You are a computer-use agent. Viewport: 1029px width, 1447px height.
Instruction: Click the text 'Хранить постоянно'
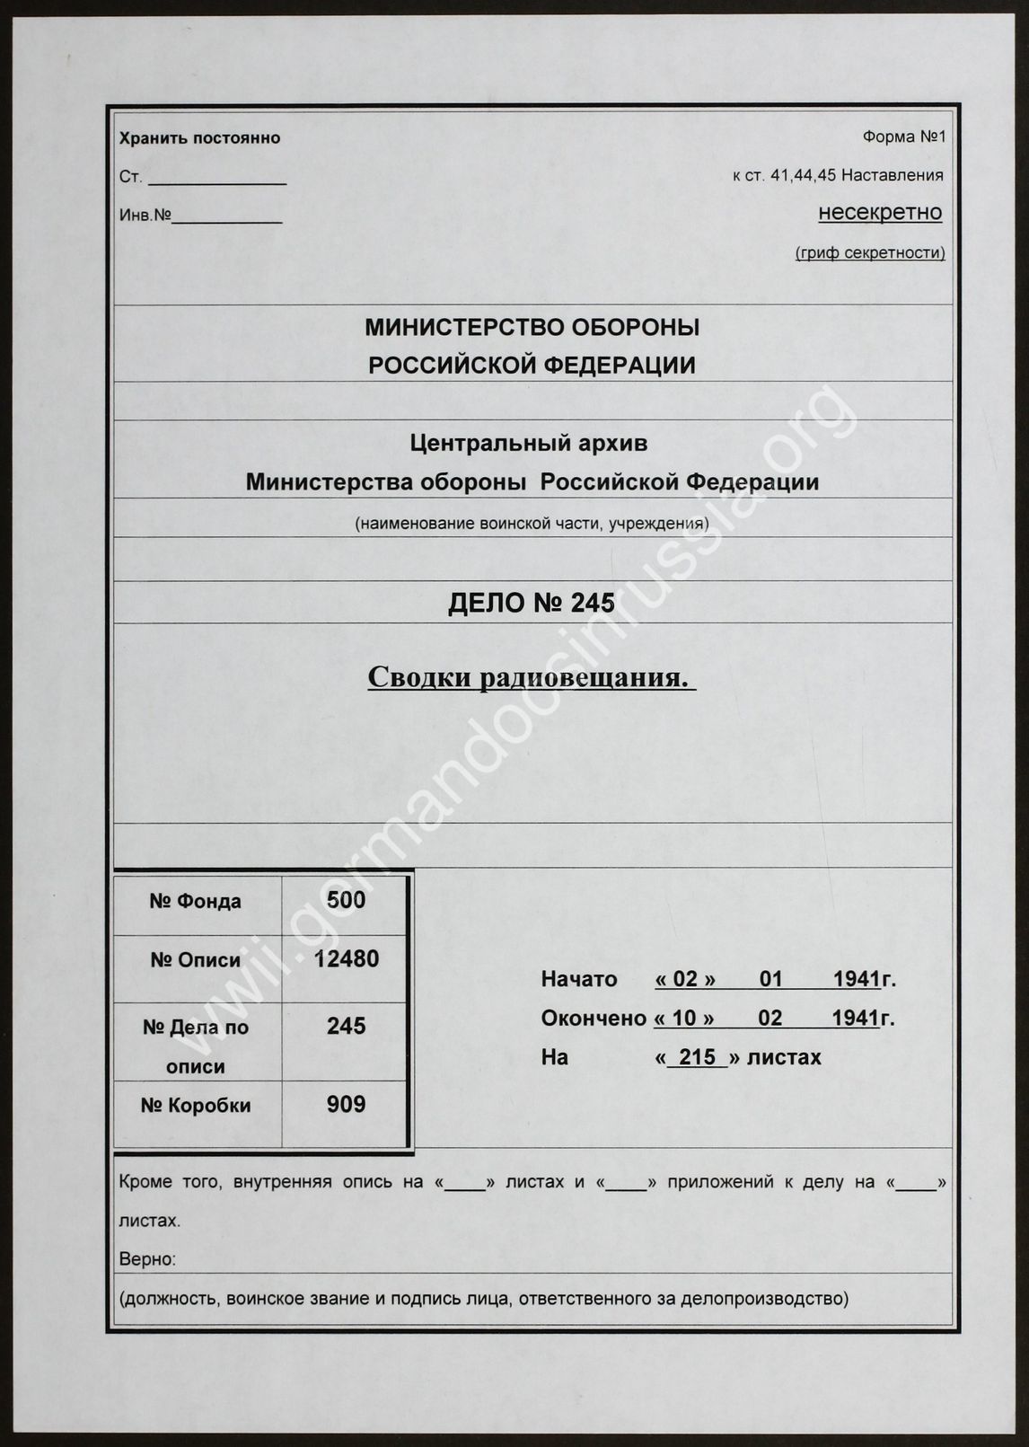click(199, 138)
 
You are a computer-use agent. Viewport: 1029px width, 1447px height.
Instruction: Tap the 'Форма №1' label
click(903, 137)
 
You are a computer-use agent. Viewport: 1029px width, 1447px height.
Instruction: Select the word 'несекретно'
click(880, 213)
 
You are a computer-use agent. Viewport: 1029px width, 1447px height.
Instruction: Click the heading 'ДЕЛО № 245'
click(532, 604)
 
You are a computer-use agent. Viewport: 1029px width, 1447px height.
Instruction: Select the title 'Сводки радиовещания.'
click(532, 677)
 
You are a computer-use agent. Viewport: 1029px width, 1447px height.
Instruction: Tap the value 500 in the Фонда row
click(346, 900)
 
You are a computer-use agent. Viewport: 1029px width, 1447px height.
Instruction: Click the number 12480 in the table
click(346, 959)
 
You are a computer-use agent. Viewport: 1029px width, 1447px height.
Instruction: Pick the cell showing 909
click(346, 1104)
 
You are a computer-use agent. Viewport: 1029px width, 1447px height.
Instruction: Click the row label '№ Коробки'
click(196, 1106)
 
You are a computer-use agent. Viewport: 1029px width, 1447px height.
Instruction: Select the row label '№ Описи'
click(196, 960)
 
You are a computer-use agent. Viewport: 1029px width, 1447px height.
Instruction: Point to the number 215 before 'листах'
click(697, 1057)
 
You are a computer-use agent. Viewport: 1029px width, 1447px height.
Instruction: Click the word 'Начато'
click(579, 979)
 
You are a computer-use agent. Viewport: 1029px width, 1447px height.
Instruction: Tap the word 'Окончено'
click(593, 1019)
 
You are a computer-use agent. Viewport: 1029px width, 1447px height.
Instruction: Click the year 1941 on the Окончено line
click(855, 1019)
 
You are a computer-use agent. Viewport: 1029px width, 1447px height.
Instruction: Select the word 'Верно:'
click(147, 1259)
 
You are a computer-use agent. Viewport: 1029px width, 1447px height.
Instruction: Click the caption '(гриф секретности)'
click(870, 253)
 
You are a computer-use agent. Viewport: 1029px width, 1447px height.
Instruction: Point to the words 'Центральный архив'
click(528, 443)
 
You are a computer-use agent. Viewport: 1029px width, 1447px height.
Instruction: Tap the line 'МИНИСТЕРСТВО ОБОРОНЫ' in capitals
click(532, 328)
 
